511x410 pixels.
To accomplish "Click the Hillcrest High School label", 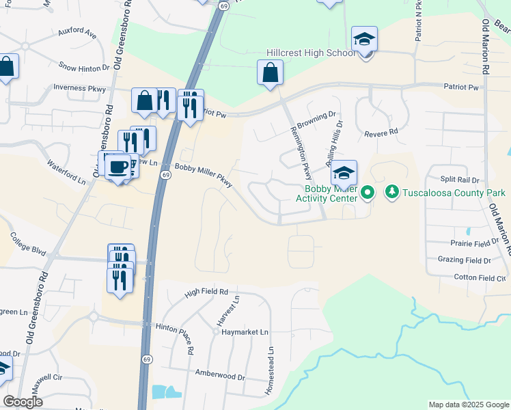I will tap(310, 53).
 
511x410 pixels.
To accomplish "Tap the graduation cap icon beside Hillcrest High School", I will tap(365, 41).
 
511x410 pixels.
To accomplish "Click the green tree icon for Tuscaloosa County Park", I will tap(392, 192).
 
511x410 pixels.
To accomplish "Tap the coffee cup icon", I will tap(118, 167).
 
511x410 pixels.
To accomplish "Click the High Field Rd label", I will tap(207, 292).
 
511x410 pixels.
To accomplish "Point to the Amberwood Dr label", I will tap(220, 377).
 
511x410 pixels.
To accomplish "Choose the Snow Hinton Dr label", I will tap(84, 68).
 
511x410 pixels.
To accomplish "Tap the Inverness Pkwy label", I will tap(80, 88).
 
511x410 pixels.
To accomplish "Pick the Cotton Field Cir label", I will tap(481, 277).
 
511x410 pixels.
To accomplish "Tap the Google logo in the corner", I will tap(23, 402).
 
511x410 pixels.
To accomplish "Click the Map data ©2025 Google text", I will tap(468, 405).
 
